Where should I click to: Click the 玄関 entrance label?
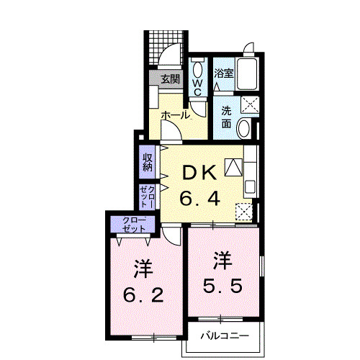coord(169,78)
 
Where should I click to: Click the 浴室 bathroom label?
coord(223,73)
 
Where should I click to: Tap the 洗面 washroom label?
coord(225,117)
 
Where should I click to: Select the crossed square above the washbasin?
coord(250,104)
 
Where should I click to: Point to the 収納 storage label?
coord(148,162)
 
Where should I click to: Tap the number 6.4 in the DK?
coord(199,198)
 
